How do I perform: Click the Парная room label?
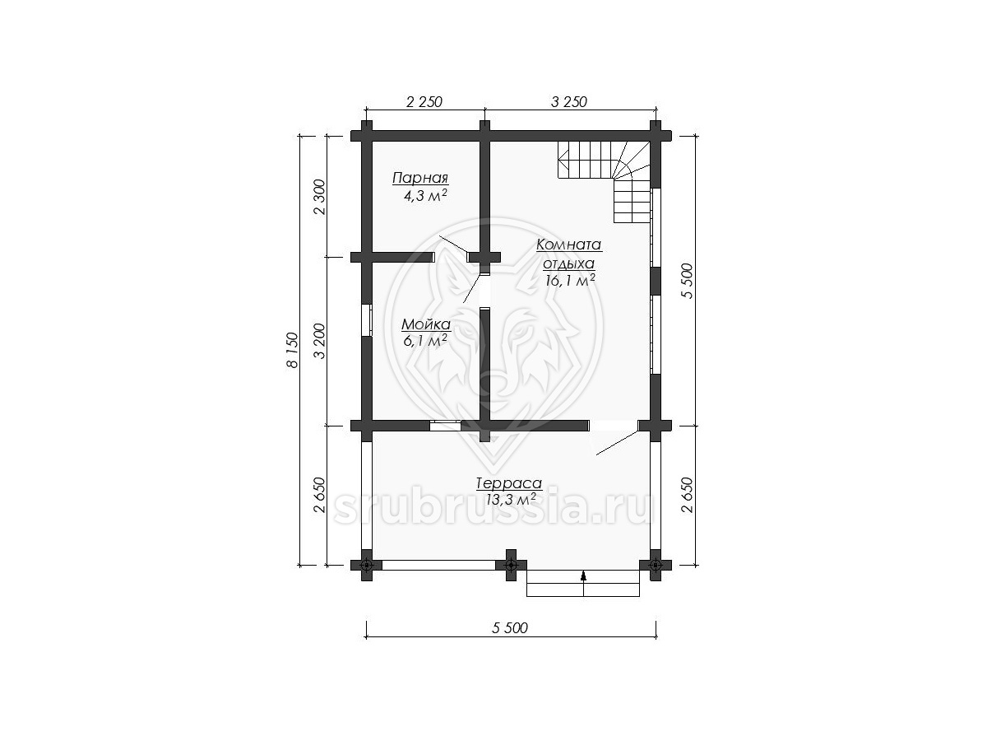420,178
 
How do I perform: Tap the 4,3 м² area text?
425,196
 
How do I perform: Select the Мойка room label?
426,324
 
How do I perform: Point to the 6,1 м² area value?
425,341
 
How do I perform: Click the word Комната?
569,245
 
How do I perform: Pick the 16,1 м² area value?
570,280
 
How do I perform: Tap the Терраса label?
509,483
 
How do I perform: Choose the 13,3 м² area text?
511,500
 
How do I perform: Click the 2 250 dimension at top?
424,102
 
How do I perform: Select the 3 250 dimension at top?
569,102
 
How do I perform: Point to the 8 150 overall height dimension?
292,350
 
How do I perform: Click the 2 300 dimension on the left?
319,197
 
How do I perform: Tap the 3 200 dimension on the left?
319,341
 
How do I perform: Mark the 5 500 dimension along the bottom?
509,628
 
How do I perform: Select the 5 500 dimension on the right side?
688,281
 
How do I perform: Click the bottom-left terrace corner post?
367,565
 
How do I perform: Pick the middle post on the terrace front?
511,565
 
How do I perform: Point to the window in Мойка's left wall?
367,320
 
